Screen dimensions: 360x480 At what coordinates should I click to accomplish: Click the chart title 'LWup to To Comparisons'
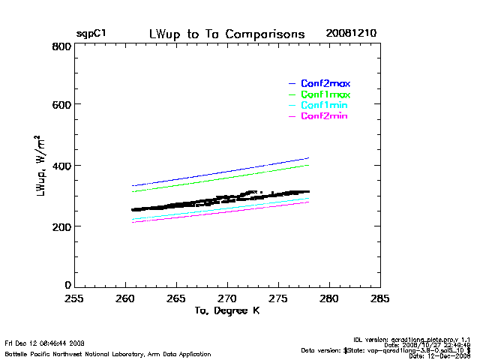click(x=226, y=34)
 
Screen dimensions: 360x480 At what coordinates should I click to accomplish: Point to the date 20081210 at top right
click(x=351, y=34)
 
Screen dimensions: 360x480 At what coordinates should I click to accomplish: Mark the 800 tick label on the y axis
click(x=62, y=46)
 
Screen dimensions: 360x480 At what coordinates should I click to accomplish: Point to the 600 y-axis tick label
click(x=62, y=105)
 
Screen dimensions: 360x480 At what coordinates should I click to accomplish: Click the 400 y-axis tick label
click(x=62, y=166)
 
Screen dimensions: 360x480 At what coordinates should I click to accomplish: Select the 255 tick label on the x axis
click(x=73, y=298)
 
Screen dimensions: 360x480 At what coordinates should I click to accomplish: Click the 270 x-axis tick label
click(x=227, y=298)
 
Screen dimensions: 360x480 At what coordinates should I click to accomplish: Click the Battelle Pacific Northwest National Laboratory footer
click(x=107, y=354)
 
